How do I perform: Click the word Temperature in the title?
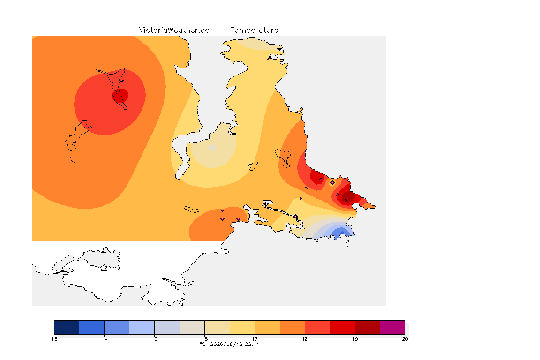[254, 30]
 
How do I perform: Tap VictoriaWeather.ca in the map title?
[174, 30]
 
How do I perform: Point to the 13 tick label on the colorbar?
[54, 339]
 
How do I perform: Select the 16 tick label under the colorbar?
[204, 339]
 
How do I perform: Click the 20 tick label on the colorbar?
[405, 339]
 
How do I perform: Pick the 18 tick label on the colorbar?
[305, 339]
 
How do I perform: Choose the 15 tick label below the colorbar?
[154, 339]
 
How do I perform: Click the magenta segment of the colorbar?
[393, 327]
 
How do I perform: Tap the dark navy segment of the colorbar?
[67, 327]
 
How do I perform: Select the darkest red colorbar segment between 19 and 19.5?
[367, 327]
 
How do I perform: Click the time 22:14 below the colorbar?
[252, 344]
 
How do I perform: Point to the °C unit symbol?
[203, 344]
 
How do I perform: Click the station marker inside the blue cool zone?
[341, 231]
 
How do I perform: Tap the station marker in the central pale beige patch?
[212, 149]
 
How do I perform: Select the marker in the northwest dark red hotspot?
[122, 95]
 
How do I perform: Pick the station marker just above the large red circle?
[108, 69]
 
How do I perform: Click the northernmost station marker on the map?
[270, 59]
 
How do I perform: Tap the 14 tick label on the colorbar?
[105, 339]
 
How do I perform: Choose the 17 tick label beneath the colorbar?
[255, 339]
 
